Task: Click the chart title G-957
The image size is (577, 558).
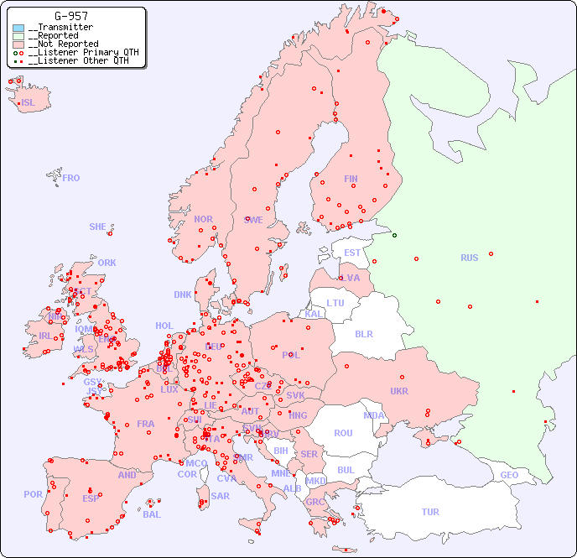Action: coord(71,16)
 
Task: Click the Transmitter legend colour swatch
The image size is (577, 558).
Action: coord(18,28)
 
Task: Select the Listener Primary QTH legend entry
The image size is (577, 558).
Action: coord(76,52)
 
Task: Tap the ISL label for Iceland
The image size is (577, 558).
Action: coord(29,103)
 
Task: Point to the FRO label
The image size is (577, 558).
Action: coord(71,178)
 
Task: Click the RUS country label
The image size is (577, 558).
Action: coord(469,258)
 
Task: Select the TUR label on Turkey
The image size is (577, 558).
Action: coord(430,512)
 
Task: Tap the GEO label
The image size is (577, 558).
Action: coord(509,475)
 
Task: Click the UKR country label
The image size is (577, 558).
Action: coord(398,391)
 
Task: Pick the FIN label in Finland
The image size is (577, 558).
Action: coord(351,179)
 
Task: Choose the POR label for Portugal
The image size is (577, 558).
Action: coord(33,494)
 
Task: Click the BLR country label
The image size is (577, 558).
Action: coord(363,333)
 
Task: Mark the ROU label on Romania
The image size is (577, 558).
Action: coord(343,433)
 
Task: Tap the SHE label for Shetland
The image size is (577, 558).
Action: coord(98,227)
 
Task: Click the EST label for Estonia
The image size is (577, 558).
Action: coord(352,253)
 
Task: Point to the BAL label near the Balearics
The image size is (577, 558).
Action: coord(151,514)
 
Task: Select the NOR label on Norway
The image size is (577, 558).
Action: coord(203,219)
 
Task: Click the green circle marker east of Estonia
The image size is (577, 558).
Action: coord(394,235)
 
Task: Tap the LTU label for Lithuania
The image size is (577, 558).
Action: coord(335,303)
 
